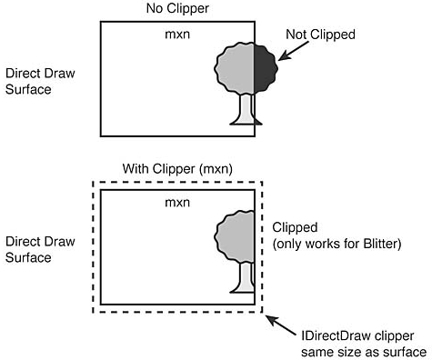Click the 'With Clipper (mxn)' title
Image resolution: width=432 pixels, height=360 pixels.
click(x=176, y=170)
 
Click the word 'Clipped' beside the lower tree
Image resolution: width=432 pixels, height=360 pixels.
click(x=296, y=226)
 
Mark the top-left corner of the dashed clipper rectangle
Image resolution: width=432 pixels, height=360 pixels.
click(x=92, y=182)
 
